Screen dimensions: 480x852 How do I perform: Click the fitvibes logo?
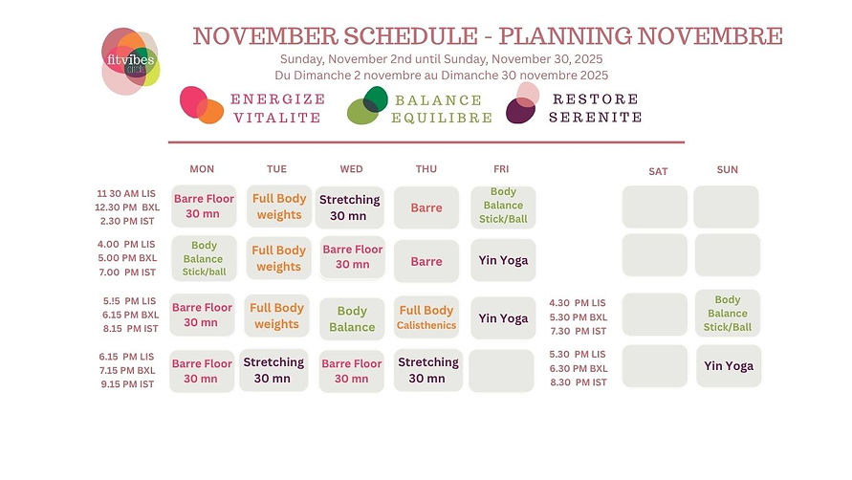coord(130,60)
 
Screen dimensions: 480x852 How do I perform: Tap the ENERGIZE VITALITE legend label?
coord(278,108)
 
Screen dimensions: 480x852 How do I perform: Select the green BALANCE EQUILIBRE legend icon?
coord(367,105)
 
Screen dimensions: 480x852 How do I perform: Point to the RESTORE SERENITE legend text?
coord(595,108)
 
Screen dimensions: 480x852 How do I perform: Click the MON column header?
coord(202,169)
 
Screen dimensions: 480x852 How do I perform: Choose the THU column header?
coord(426,169)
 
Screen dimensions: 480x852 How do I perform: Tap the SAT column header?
coord(658,171)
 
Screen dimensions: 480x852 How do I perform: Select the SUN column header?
coord(727,169)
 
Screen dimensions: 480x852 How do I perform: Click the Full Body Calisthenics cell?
coord(426,317)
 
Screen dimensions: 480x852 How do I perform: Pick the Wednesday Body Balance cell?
coord(352,318)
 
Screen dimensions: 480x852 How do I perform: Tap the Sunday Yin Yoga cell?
coord(729,366)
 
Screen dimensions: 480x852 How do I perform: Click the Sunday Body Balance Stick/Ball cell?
coord(728,314)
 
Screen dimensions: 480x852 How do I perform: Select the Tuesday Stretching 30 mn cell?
coord(277,370)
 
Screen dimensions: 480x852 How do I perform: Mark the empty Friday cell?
coord(502,370)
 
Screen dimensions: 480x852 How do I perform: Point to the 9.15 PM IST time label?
coord(130,384)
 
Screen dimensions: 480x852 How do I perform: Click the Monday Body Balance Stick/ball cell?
coord(204,258)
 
